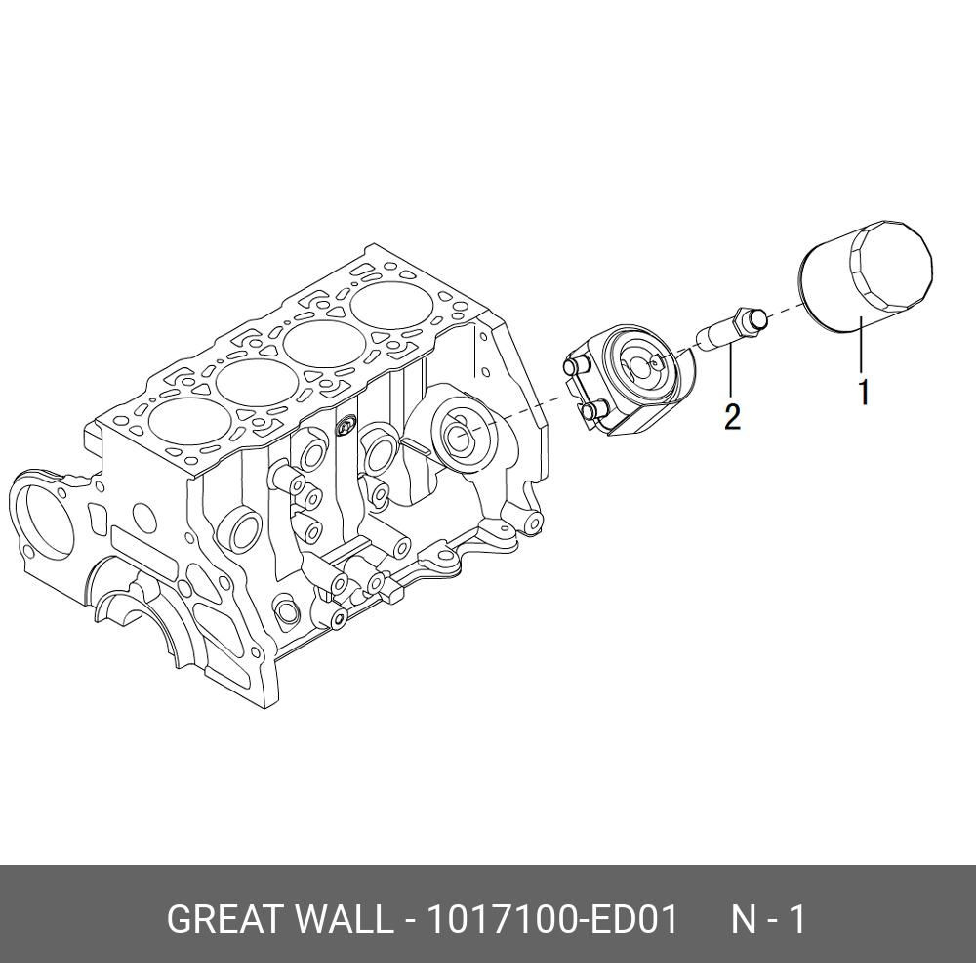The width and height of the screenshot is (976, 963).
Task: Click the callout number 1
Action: point(863,393)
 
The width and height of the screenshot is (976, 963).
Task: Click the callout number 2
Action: point(732,417)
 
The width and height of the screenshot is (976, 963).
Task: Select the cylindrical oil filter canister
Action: point(864,278)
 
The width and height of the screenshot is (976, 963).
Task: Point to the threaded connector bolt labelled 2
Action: point(728,327)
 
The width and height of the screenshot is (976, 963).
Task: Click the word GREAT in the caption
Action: point(225,920)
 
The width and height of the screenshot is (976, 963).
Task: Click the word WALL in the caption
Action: point(343,920)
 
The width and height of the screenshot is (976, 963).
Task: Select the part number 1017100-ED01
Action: point(548,920)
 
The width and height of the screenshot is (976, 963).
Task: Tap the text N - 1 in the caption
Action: point(769,920)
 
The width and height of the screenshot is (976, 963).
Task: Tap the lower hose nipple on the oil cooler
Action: point(590,413)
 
